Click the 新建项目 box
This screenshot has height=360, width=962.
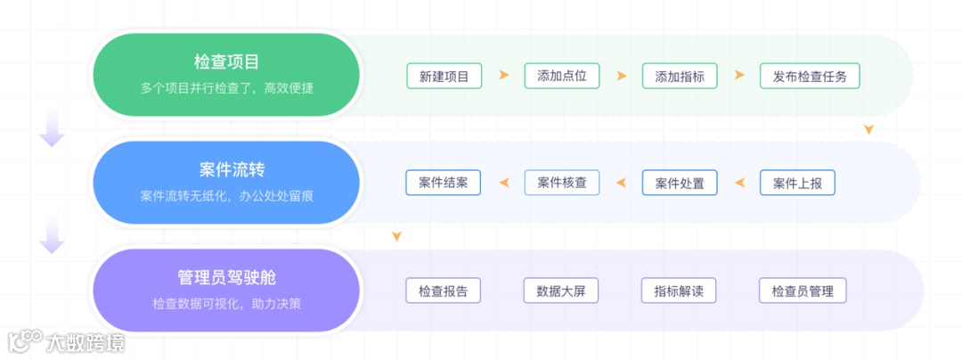[x=444, y=76]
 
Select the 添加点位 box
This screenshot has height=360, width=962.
[x=562, y=76]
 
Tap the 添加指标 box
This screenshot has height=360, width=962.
[x=680, y=76]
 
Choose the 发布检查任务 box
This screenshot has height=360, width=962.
[x=810, y=76]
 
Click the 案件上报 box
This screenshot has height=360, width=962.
[x=797, y=183]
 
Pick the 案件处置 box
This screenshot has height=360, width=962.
[x=680, y=183]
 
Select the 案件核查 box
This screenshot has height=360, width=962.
[x=562, y=183]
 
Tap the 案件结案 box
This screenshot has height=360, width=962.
[x=444, y=183]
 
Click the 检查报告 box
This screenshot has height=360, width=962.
[x=444, y=290]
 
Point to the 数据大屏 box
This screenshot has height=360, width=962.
[x=561, y=290]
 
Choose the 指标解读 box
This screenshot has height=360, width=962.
[x=679, y=290]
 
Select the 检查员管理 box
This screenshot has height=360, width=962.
[x=803, y=290]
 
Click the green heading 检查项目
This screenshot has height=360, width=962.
[x=226, y=62]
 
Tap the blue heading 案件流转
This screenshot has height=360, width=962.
[x=226, y=169]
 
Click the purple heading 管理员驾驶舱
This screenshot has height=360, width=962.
[x=226, y=277]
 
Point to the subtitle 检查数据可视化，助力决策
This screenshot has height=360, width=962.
[x=226, y=303]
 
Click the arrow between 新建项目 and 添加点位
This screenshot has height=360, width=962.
[x=504, y=76]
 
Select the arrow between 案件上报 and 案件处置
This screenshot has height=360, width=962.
[x=738, y=183]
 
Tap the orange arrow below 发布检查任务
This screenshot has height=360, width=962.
[x=868, y=130]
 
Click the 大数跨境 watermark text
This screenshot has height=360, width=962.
[x=86, y=342]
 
